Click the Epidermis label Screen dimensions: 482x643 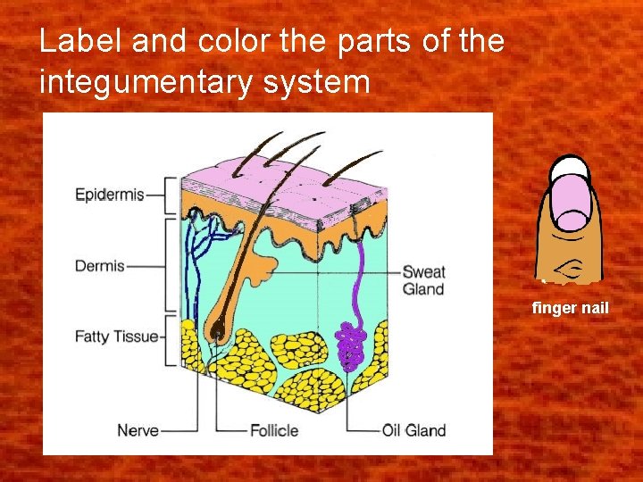(x=109, y=195)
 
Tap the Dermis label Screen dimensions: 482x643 (x=99, y=266)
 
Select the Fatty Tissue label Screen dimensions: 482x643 (x=116, y=337)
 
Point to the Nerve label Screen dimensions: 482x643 (x=138, y=430)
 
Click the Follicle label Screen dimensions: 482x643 (x=274, y=430)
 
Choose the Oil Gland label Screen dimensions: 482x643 (x=413, y=430)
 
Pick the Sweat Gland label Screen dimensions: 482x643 (x=423, y=279)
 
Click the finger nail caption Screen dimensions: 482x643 (x=570, y=308)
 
